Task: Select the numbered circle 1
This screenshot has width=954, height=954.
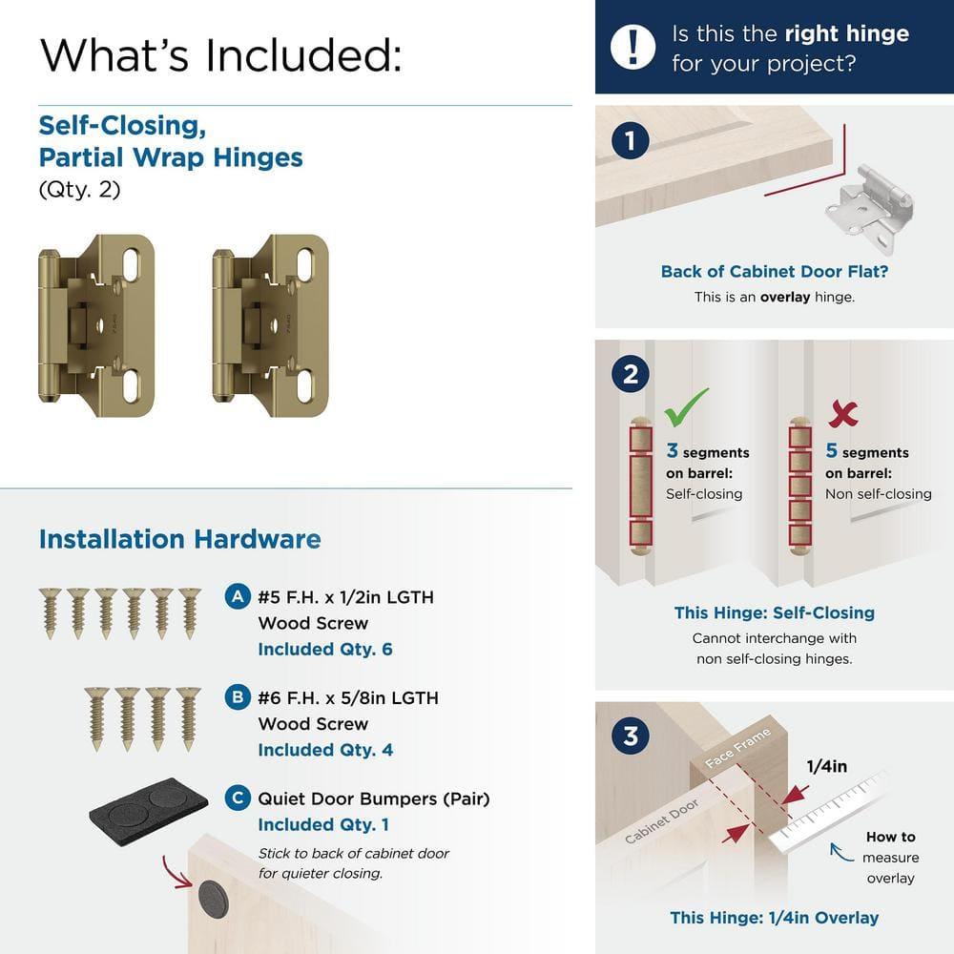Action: coord(630,142)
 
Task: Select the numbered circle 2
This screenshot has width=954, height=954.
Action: coord(630,373)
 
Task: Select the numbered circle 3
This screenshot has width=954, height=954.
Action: coord(630,736)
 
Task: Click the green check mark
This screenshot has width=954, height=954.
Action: coord(686,407)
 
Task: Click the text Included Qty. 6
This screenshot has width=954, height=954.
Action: coord(324,650)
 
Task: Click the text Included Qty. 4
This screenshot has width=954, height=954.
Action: coord(324,750)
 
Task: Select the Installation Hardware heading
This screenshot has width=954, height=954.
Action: coord(179,539)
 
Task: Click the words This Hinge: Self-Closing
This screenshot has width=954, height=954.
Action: coord(774,612)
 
